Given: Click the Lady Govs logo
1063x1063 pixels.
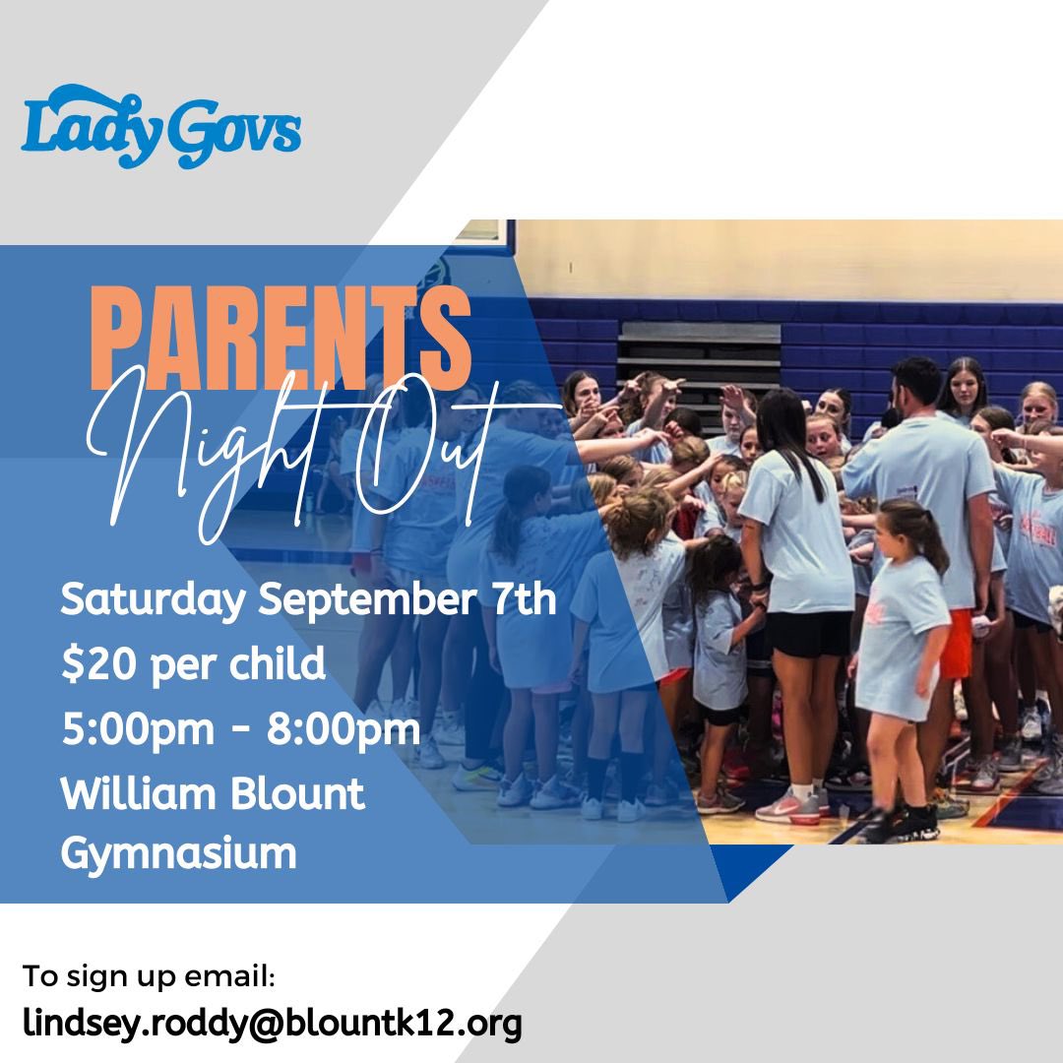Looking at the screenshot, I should pyautogui.click(x=160, y=127).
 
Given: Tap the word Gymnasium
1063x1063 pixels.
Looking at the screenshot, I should pyautogui.click(x=178, y=852).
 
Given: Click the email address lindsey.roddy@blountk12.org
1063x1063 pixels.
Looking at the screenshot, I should pyautogui.click(x=272, y=1024).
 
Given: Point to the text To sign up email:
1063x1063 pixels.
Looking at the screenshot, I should pyautogui.click(x=150, y=977).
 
